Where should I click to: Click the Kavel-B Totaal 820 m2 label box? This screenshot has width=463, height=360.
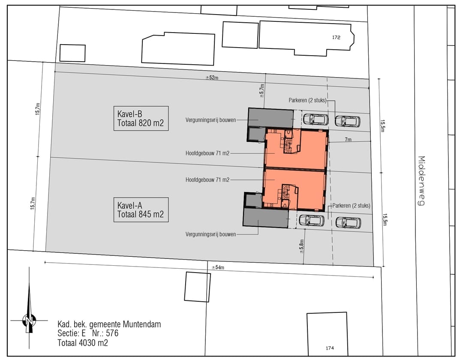pos(141,118)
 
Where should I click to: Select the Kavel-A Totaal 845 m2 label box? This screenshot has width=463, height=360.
pos(141,210)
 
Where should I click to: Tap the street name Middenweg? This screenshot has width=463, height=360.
pos(422,180)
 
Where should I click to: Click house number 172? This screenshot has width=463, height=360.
pos(336,37)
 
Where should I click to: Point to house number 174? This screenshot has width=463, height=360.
pos(330,348)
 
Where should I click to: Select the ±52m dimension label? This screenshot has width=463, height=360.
pos(212,78)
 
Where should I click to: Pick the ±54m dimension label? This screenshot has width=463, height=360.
pos(218,267)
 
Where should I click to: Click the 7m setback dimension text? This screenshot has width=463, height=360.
pos(348,139)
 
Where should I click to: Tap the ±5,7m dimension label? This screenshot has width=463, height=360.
pos(262,90)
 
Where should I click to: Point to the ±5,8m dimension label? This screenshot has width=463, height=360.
pos(301,246)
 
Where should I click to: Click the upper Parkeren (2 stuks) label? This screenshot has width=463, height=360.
pos(307,100)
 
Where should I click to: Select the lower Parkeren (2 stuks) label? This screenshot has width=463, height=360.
pos(351,206)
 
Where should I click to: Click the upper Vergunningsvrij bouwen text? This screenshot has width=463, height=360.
pos(211,120)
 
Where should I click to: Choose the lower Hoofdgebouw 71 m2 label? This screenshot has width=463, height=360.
pos(207,180)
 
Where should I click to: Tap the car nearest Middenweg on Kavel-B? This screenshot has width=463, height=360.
pos(348,121)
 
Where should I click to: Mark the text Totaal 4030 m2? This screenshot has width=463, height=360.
pos(83,343)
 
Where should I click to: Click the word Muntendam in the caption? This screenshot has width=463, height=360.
pos(142,324)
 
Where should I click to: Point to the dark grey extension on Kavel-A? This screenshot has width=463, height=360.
pos(265,218)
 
